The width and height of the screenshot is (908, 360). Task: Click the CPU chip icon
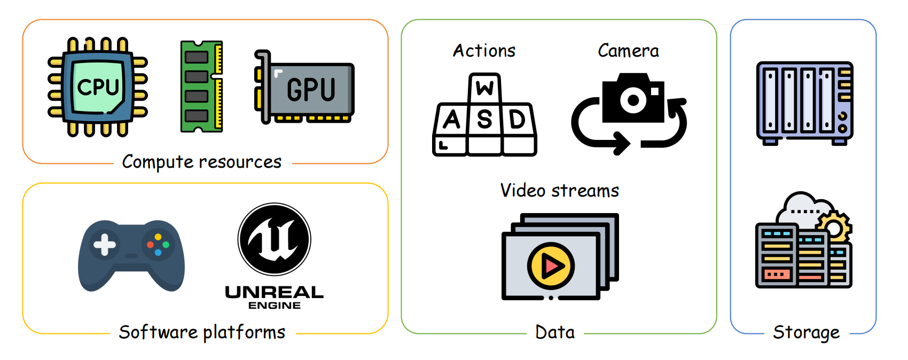point(98,87)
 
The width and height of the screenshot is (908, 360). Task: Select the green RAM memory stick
point(201,87)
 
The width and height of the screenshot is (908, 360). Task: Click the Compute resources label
point(201,162)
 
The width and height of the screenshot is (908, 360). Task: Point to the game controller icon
point(131,255)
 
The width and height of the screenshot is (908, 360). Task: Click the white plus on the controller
point(105,245)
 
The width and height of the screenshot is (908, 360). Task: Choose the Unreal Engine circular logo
point(274,239)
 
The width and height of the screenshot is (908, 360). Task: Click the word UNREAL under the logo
point(274,292)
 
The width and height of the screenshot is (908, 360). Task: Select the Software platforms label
point(202,332)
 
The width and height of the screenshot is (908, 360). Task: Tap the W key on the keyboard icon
point(485,87)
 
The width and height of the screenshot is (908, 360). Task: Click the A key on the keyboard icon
point(452,120)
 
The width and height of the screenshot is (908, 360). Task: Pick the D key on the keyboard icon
point(517,120)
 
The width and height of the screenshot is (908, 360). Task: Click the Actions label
point(484,51)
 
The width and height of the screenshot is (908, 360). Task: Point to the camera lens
point(633,100)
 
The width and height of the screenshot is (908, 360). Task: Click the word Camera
point(628,51)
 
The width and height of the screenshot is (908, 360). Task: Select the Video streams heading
point(559,191)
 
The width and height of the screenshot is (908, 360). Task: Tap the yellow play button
point(551,265)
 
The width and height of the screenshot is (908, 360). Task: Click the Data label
point(555,332)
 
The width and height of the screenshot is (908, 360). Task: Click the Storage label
point(806,332)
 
